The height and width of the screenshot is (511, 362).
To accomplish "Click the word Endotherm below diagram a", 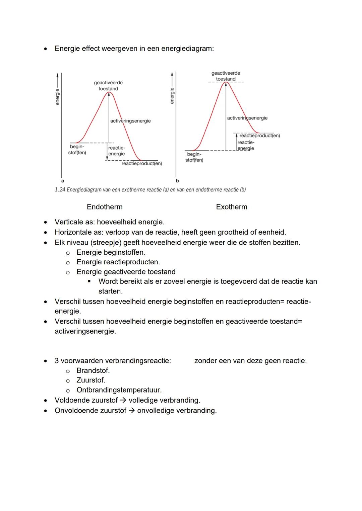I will [105, 207].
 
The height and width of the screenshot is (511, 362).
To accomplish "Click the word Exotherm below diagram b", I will [232, 207].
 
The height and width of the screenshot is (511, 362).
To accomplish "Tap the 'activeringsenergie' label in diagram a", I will [130, 121].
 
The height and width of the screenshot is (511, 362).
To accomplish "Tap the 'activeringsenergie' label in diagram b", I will [247, 118].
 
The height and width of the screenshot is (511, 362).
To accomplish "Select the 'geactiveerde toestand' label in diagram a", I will [108, 86].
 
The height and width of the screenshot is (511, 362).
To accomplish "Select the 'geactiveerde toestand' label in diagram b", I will [226, 76].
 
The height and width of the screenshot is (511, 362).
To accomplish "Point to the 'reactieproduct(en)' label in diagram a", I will [142, 164].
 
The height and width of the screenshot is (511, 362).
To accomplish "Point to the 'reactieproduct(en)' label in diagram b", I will [259, 136].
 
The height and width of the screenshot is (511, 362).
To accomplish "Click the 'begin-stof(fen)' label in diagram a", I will [77, 150].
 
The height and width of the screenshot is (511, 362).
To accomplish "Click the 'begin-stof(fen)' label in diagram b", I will [194, 157].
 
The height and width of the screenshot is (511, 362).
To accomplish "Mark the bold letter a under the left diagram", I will [63, 181].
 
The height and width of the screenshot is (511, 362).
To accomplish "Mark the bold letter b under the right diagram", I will [177, 181].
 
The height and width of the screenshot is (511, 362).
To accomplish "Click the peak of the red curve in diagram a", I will [109, 92].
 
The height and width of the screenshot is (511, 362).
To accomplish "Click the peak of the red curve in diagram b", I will [226, 83].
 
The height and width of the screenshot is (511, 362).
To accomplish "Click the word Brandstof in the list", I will [93, 370].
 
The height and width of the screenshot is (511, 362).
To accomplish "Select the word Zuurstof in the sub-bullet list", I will [90, 380].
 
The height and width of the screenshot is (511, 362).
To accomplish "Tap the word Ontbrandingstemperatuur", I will [119, 390].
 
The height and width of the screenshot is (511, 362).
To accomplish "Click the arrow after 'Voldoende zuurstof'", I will [123, 400].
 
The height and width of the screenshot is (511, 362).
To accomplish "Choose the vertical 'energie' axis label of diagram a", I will [57, 97].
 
